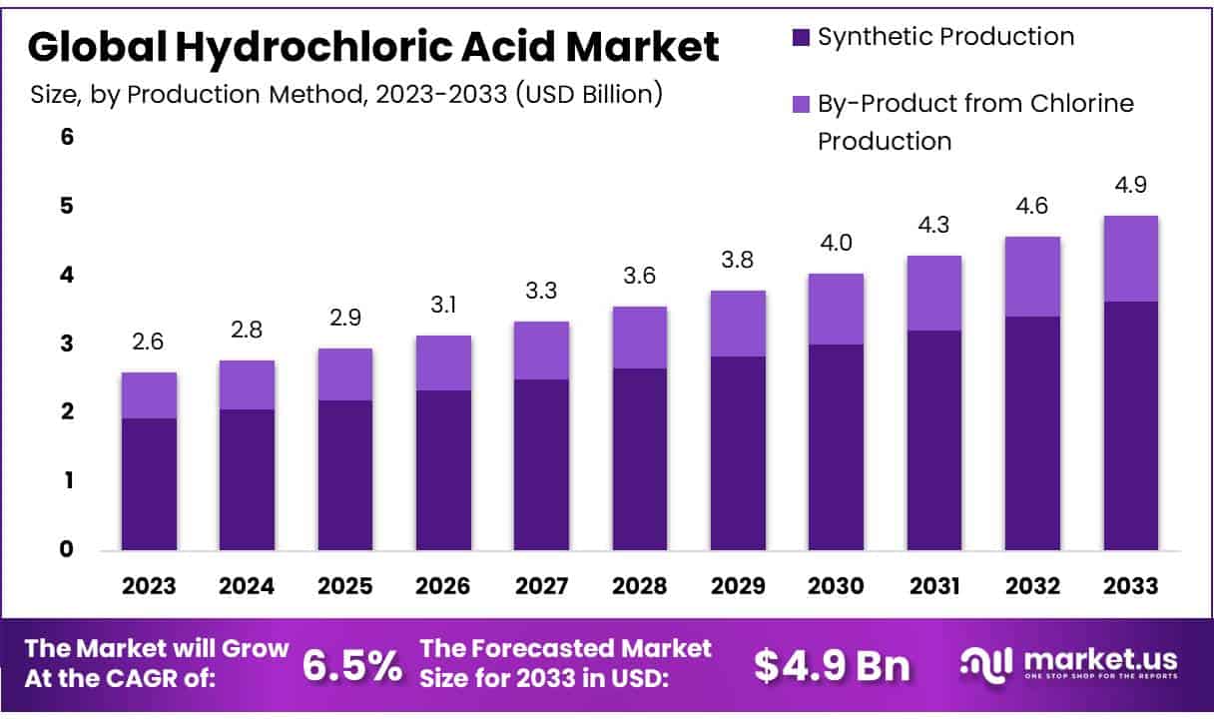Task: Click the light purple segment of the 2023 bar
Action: [x=149, y=395]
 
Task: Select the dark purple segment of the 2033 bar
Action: [x=1130, y=425]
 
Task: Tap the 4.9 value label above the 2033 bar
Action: [x=1130, y=185]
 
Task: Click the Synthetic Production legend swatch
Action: [x=799, y=38]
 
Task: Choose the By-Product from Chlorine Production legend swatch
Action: [x=799, y=104]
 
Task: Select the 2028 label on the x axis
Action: [x=640, y=586]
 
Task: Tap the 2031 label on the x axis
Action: [x=934, y=586]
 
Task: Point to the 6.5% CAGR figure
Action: [x=353, y=665]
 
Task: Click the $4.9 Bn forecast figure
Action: [x=832, y=666]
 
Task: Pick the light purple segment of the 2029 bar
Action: [x=738, y=324]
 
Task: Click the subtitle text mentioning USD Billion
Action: [x=345, y=95]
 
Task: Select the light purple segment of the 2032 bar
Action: [x=1032, y=277]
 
